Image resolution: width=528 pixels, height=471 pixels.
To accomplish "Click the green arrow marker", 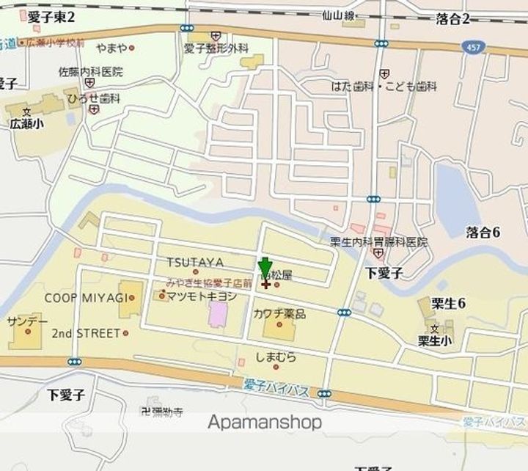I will [265, 269].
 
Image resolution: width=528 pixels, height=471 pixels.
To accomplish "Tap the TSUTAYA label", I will [194, 262].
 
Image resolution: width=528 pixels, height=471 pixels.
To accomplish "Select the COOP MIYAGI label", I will [85, 297].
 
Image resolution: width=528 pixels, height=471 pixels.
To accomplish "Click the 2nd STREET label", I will [85, 333].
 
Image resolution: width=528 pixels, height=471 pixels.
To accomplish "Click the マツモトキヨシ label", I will [202, 296].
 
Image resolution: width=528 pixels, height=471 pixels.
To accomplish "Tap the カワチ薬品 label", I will [279, 313].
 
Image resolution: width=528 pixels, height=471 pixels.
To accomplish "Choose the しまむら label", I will [276, 357].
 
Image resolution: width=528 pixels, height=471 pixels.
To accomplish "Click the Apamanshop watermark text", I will [265, 423].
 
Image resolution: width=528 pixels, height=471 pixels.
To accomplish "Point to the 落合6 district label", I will [483, 233].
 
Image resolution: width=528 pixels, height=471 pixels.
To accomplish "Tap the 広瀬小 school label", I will [27, 124].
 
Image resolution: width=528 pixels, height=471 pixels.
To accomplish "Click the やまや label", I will [112, 48].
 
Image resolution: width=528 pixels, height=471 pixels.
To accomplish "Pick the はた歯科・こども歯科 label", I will [384, 86].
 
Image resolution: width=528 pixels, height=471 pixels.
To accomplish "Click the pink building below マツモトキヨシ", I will [218, 315].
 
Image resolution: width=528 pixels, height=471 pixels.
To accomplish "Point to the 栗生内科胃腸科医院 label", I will [378, 241].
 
